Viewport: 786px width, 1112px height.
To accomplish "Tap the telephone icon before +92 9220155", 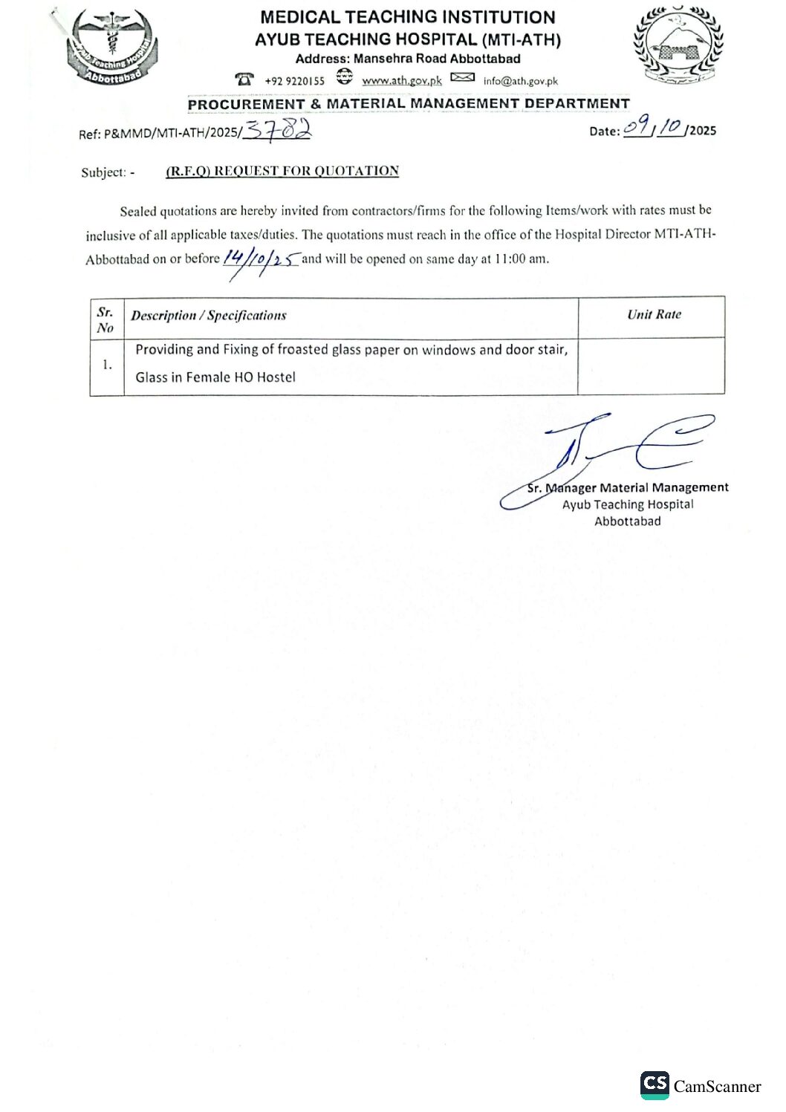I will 244,79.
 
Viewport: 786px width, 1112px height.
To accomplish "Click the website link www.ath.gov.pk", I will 402,80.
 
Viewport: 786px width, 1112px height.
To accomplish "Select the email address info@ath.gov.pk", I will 520,81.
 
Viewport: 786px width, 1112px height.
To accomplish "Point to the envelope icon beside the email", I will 462,78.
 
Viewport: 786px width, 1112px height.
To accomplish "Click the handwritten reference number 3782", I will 278,131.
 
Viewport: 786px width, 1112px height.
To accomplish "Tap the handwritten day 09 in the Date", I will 636,128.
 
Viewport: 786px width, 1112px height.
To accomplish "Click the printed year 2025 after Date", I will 703,131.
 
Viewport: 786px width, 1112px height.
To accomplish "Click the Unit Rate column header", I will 654,314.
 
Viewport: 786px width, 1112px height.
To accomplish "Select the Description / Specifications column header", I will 209,316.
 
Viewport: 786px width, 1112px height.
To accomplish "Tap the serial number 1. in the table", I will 108,364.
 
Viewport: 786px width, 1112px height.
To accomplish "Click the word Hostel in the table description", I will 276,377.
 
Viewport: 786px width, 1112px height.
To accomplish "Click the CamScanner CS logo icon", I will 655,1085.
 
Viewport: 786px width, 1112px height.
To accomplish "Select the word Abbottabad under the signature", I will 628,521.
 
